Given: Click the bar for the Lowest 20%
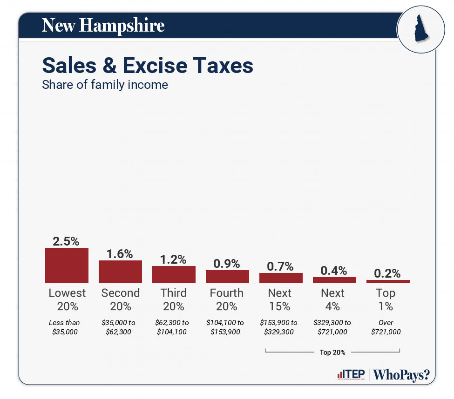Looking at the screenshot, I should click(67, 265).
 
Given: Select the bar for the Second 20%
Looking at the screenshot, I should click(120, 271).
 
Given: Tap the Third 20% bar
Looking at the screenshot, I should click(174, 274).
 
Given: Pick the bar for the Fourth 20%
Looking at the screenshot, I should click(227, 276).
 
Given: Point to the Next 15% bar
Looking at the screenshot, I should click(281, 278).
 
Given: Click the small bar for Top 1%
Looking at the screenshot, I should click(388, 281).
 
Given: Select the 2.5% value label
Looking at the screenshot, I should click(66, 241).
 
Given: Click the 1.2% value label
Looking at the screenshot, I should click(173, 259).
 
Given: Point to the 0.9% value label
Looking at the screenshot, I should click(227, 264).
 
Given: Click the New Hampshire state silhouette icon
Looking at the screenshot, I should click(418, 29).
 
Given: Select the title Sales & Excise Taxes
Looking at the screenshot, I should click(148, 66).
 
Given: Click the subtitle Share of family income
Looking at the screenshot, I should click(105, 85).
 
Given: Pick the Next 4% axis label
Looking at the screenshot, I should click(333, 299).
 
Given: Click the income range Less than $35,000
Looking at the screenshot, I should click(65, 327).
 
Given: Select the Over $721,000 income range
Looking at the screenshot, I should click(386, 327).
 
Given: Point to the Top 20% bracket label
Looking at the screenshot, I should click(332, 352).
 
